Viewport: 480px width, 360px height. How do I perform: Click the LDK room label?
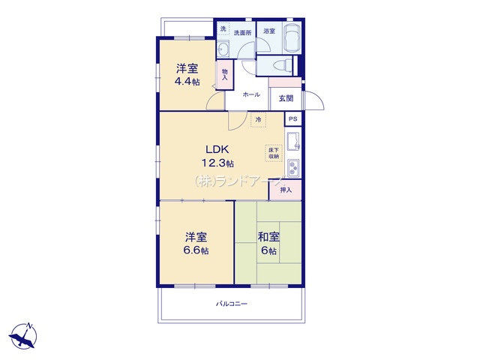[x=217, y=149]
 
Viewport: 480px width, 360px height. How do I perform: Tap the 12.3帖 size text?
[x=217, y=163]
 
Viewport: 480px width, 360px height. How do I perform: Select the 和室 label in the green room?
[x=268, y=237]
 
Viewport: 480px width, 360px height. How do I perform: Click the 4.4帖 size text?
[x=187, y=82]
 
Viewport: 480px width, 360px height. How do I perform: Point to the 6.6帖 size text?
[x=196, y=250]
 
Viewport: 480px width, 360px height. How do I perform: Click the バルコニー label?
[x=232, y=304]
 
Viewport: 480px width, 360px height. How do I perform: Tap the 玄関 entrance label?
[x=286, y=98]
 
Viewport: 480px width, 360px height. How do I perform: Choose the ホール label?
[x=251, y=94]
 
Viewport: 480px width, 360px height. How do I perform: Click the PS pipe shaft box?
[x=293, y=118]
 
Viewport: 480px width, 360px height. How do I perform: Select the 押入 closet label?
[x=286, y=190]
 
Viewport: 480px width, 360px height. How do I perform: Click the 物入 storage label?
[x=225, y=75]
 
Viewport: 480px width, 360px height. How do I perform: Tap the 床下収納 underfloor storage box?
[x=274, y=153]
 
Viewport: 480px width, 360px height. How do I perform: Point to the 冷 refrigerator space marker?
[x=258, y=120]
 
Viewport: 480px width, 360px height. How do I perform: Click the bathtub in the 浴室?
[x=292, y=37]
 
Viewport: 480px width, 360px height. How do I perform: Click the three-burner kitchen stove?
[x=293, y=168]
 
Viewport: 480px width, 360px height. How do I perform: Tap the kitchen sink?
[x=293, y=141]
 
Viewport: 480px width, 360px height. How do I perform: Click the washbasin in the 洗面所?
[x=223, y=49]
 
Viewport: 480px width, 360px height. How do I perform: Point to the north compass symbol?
[x=23, y=336]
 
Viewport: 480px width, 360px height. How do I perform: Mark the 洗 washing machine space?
[x=223, y=28]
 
